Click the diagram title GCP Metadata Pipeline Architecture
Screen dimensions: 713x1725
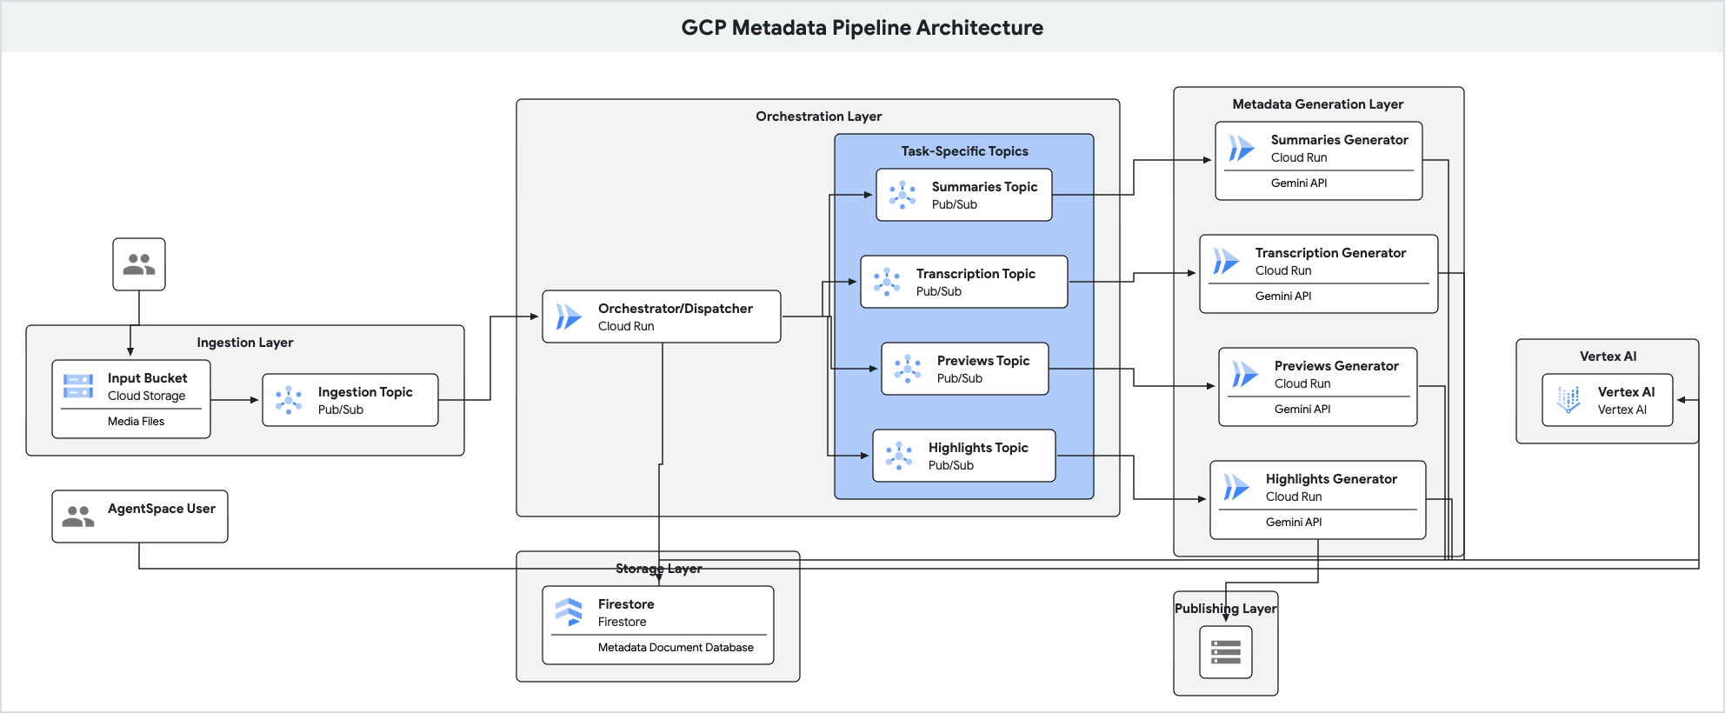[x=862, y=28]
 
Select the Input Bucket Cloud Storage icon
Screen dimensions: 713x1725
[x=78, y=386]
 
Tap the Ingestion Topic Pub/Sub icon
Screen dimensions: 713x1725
[x=289, y=400]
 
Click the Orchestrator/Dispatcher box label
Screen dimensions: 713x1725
[x=675, y=309]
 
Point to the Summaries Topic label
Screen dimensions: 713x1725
[x=984, y=187]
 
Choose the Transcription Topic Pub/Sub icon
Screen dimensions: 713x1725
[x=887, y=282]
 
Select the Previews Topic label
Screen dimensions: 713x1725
[x=982, y=361]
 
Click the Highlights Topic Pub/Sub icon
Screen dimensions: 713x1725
[x=899, y=456]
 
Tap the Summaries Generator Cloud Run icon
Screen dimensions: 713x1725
[x=1242, y=149]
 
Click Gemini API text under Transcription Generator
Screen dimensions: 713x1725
[x=1282, y=297]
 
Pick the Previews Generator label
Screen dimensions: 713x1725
[x=1335, y=366]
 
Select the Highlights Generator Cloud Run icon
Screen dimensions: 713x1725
[x=1236, y=488]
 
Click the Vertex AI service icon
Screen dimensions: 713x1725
[x=1568, y=400]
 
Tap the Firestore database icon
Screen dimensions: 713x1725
[x=569, y=612]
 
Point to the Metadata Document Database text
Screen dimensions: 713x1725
[x=675, y=648]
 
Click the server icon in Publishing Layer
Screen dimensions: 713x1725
[x=1225, y=652]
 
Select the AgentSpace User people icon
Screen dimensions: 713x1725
[x=78, y=516]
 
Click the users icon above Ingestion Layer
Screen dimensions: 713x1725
[x=139, y=264]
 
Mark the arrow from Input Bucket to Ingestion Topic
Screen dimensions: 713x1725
[x=236, y=400]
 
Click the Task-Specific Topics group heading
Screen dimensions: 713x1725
[x=963, y=151]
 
